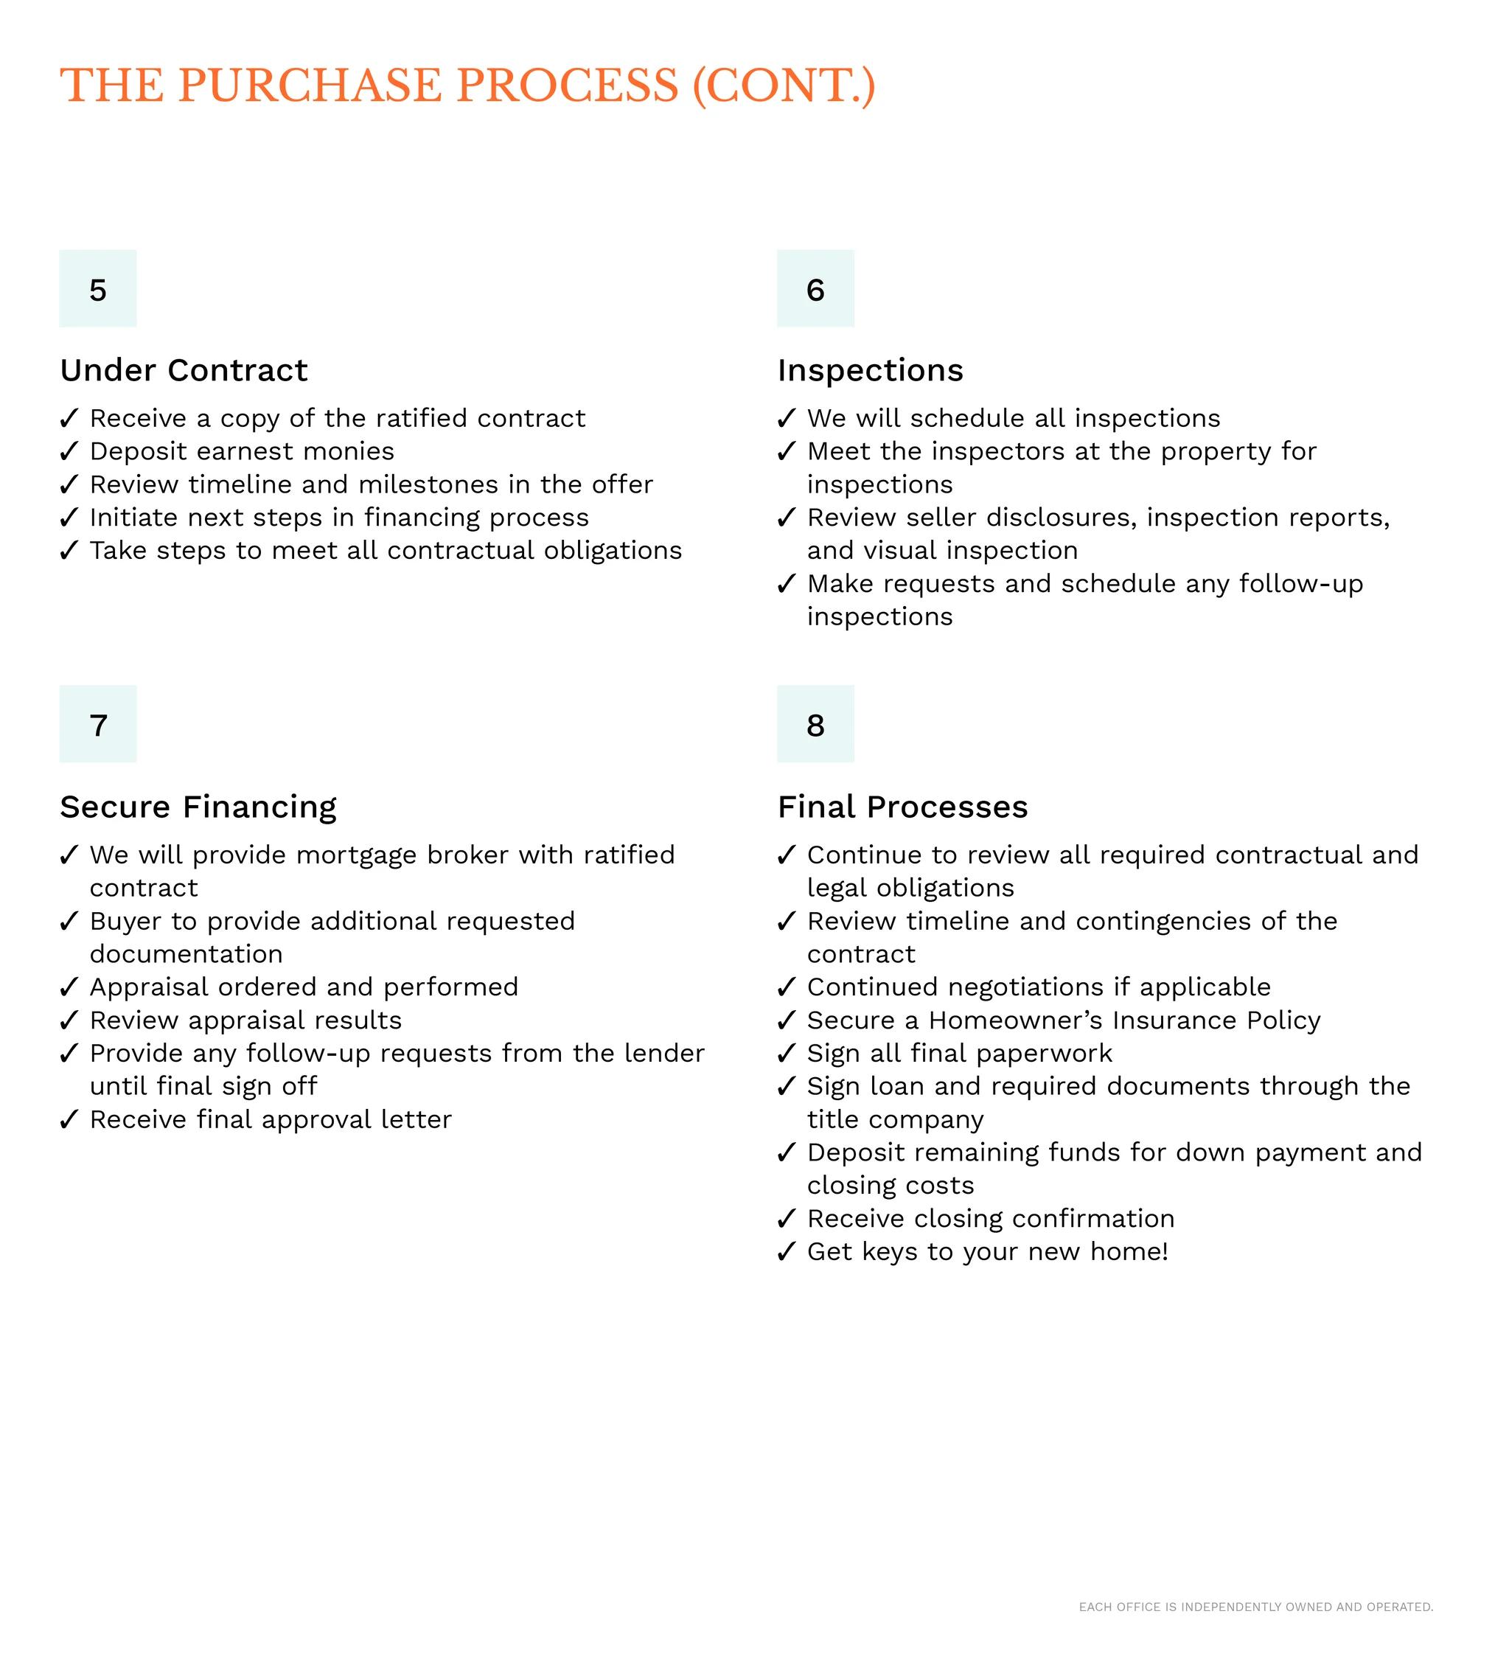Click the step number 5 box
(x=98, y=289)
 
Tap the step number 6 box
(x=815, y=289)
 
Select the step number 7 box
(x=98, y=725)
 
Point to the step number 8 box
(x=815, y=725)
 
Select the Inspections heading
(x=870, y=371)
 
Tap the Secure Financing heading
(x=198, y=807)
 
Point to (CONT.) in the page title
(x=784, y=86)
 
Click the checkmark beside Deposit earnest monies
(x=69, y=451)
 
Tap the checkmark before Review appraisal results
(x=69, y=1020)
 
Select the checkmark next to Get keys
(x=786, y=1251)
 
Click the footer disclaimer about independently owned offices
(x=1255, y=1607)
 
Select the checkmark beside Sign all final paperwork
(x=786, y=1054)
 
